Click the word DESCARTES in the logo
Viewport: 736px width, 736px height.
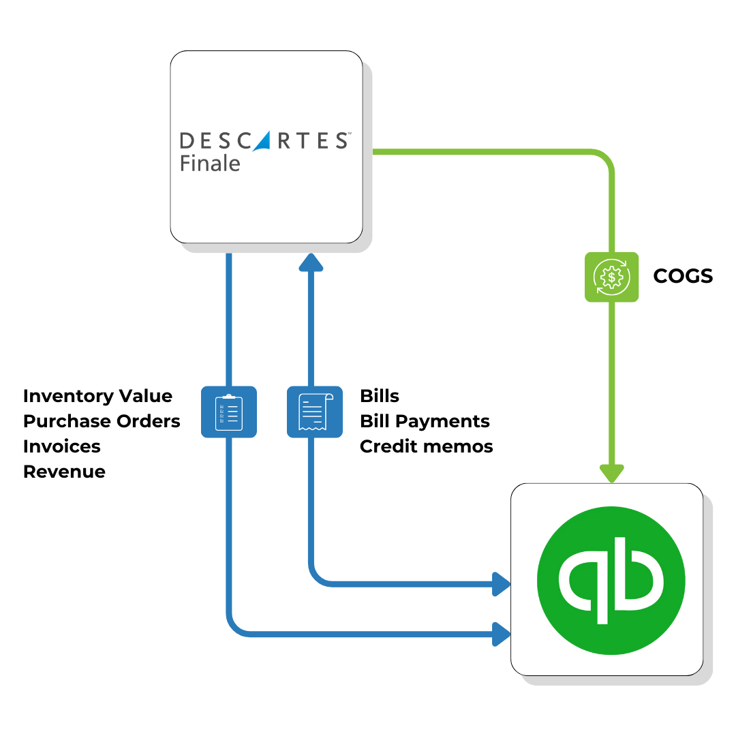pyautogui.click(x=264, y=141)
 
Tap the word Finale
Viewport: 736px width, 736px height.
pyautogui.click(x=210, y=164)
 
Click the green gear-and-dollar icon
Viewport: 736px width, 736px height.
pyautogui.click(x=612, y=277)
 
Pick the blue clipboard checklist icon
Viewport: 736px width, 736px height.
pyautogui.click(x=228, y=412)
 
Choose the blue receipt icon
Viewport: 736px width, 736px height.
pyautogui.click(x=314, y=412)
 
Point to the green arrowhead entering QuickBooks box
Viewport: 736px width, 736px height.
pyautogui.click(x=611, y=472)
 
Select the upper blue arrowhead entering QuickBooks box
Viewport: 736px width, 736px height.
pyautogui.click(x=502, y=584)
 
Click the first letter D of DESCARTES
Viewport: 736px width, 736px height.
pyautogui.click(x=186, y=141)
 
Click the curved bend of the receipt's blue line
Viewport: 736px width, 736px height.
pyautogui.click(x=319, y=577)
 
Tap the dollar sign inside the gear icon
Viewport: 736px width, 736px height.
pyautogui.click(x=611, y=277)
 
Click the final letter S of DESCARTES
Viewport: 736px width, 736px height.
pyautogui.click(x=341, y=141)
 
